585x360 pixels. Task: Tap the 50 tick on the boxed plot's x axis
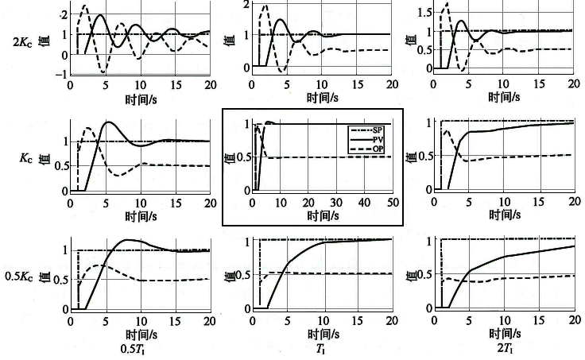point(392,202)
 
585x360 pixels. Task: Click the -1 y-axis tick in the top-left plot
point(62,74)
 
